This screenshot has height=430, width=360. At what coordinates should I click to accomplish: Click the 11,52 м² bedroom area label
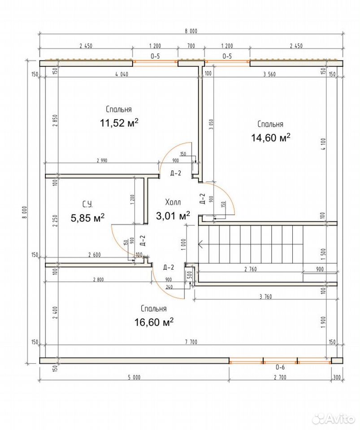click(119, 123)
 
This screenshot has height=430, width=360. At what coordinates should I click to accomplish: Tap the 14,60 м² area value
click(270, 138)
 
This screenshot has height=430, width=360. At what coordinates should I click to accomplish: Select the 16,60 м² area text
click(154, 322)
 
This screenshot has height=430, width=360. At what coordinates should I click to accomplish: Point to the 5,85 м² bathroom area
click(87, 218)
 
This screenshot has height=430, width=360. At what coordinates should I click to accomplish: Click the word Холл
click(173, 202)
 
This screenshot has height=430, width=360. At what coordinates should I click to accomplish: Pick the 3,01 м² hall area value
click(173, 215)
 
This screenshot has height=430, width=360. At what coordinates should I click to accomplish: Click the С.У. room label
click(87, 204)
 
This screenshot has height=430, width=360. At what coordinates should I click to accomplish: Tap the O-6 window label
click(280, 367)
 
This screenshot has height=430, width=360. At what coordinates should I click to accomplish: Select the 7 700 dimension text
click(191, 342)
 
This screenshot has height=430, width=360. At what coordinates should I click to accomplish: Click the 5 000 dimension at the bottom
click(134, 377)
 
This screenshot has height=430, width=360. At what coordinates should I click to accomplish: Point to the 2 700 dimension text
click(280, 377)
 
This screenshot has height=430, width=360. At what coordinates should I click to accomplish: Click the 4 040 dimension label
click(121, 74)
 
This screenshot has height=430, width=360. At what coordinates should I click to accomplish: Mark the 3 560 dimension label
click(269, 74)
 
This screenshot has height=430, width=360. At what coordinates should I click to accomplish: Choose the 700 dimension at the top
click(191, 46)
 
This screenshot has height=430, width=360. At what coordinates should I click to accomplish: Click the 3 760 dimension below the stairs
click(265, 297)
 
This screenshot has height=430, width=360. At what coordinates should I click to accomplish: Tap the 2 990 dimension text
click(102, 160)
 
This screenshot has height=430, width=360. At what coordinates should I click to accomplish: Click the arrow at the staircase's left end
click(200, 244)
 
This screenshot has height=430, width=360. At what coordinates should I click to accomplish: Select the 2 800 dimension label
click(99, 279)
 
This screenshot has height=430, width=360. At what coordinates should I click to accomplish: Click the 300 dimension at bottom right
click(337, 377)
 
